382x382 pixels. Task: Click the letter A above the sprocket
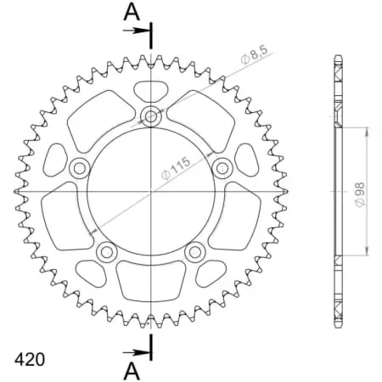tap(131, 11)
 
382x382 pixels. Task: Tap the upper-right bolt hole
tap(223, 166)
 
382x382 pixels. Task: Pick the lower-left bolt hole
tap(107, 251)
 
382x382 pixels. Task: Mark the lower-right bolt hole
tap(196, 251)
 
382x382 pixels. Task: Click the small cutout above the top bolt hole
tap(152, 91)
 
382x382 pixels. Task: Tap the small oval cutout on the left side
tap(56, 159)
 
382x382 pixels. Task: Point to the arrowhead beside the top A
tap(143, 30)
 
